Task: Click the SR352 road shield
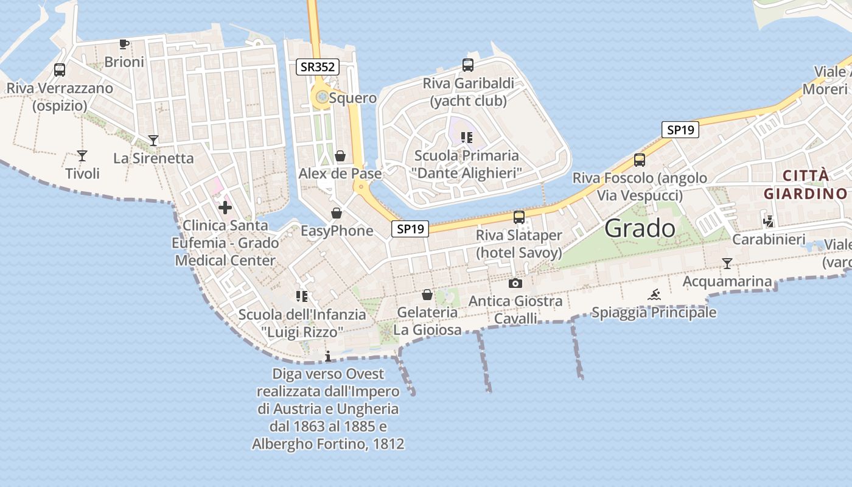[x=318, y=67]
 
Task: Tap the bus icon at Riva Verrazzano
[x=60, y=69]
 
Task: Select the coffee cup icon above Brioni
[x=124, y=44]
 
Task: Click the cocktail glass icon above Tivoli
[x=82, y=156]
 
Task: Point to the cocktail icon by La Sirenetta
[x=153, y=141]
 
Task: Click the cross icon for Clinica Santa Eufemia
[x=225, y=208]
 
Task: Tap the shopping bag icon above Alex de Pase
[x=340, y=156]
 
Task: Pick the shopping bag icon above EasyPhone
[x=337, y=213]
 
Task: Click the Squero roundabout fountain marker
[x=321, y=96]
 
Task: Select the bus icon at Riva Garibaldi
[x=468, y=65]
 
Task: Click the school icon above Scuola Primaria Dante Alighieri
[x=467, y=138]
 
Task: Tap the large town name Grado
[x=640, y=228]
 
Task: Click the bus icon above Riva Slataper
[x=519, y=217]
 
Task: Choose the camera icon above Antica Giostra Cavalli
[x=515, y=283]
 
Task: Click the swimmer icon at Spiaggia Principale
[x=654, y=295]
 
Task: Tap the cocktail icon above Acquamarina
[x=727, y=264]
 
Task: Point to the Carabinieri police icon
[x=769, y=222]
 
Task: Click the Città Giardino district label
[x=805, y=184]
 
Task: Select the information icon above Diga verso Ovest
[x=328, y=356]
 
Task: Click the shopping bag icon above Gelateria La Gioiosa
[x=427, y=295]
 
